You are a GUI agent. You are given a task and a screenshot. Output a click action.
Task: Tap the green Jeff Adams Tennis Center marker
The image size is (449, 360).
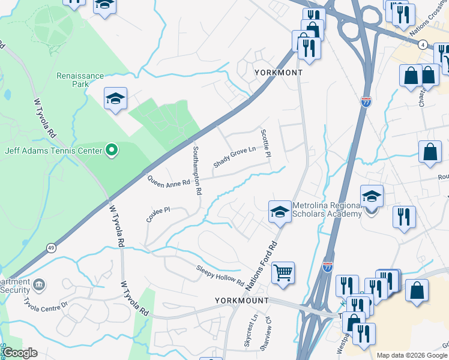tap(111, 151)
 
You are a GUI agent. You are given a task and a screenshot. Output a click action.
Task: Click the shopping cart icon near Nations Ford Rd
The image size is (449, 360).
tap(283, 273)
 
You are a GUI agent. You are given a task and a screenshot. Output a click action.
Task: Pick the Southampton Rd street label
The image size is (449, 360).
tap(196, 170)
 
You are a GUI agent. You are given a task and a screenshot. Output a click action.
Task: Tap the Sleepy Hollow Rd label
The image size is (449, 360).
tap(220, 275)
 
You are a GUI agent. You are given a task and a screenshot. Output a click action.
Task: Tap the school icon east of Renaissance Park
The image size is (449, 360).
tap(115, 100)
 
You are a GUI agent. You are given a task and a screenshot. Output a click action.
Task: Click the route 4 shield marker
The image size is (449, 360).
tap(423, 45)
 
